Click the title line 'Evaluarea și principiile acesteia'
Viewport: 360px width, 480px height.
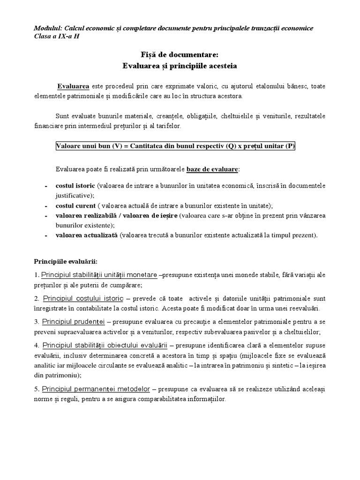pos(180,66)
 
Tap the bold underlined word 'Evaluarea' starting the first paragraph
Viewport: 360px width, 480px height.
pos(73,87)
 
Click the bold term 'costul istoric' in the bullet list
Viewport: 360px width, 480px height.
pos(75,186)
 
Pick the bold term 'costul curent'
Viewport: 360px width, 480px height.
pos(75,206)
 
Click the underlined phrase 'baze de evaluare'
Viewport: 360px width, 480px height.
pos(212,168)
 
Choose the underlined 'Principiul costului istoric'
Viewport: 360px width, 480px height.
pos(82,299)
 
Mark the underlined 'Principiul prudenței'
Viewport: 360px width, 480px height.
pos(73,322)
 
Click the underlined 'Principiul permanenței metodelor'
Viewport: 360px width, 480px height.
pos(96,389)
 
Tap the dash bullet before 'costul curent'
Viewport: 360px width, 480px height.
pos(46,206)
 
